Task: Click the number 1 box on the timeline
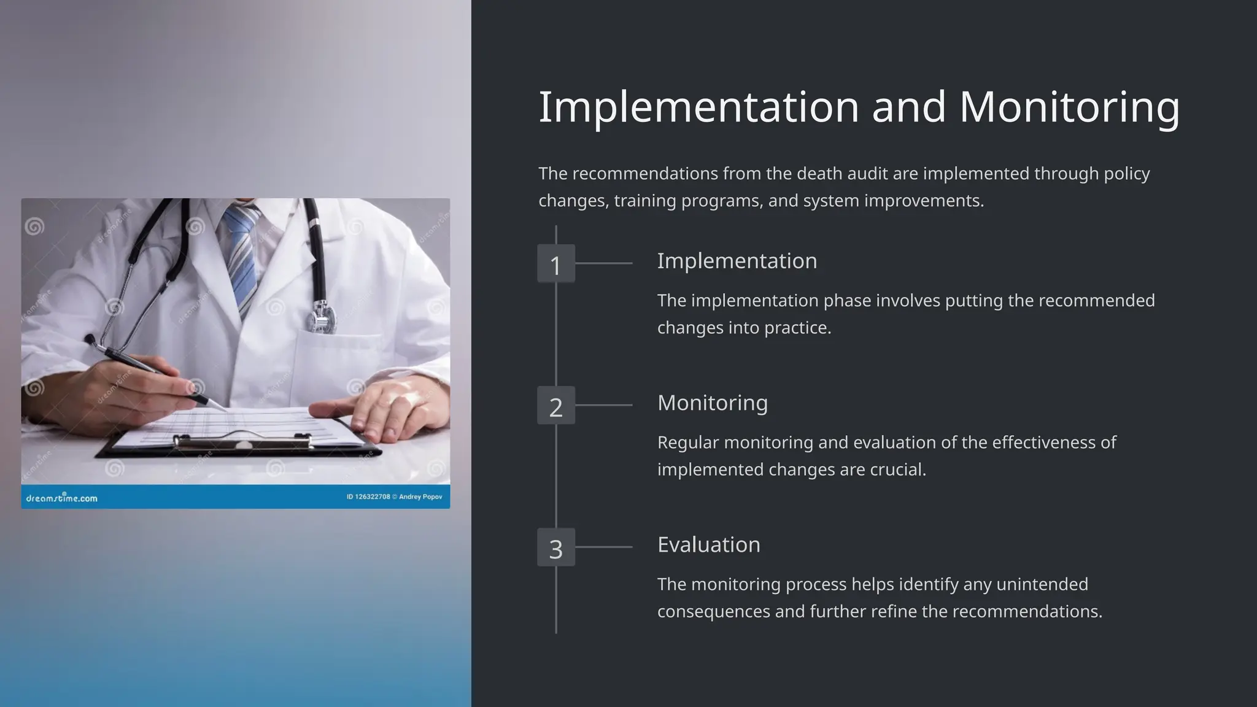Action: (x=556, y=264)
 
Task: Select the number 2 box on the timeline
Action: (x=556, y=406)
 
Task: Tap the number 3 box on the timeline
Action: (x=556, y=547)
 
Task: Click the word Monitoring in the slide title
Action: (x=1069, y=107)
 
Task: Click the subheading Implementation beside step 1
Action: (x=737, y=261)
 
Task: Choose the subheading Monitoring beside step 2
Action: (x=712, y=403)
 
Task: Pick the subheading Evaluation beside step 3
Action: (x=708, y=544)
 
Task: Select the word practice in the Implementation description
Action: (x=797, y=328)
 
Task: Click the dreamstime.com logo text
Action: (x=61, y=498)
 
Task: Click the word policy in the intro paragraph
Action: (x=1127, y=174)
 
